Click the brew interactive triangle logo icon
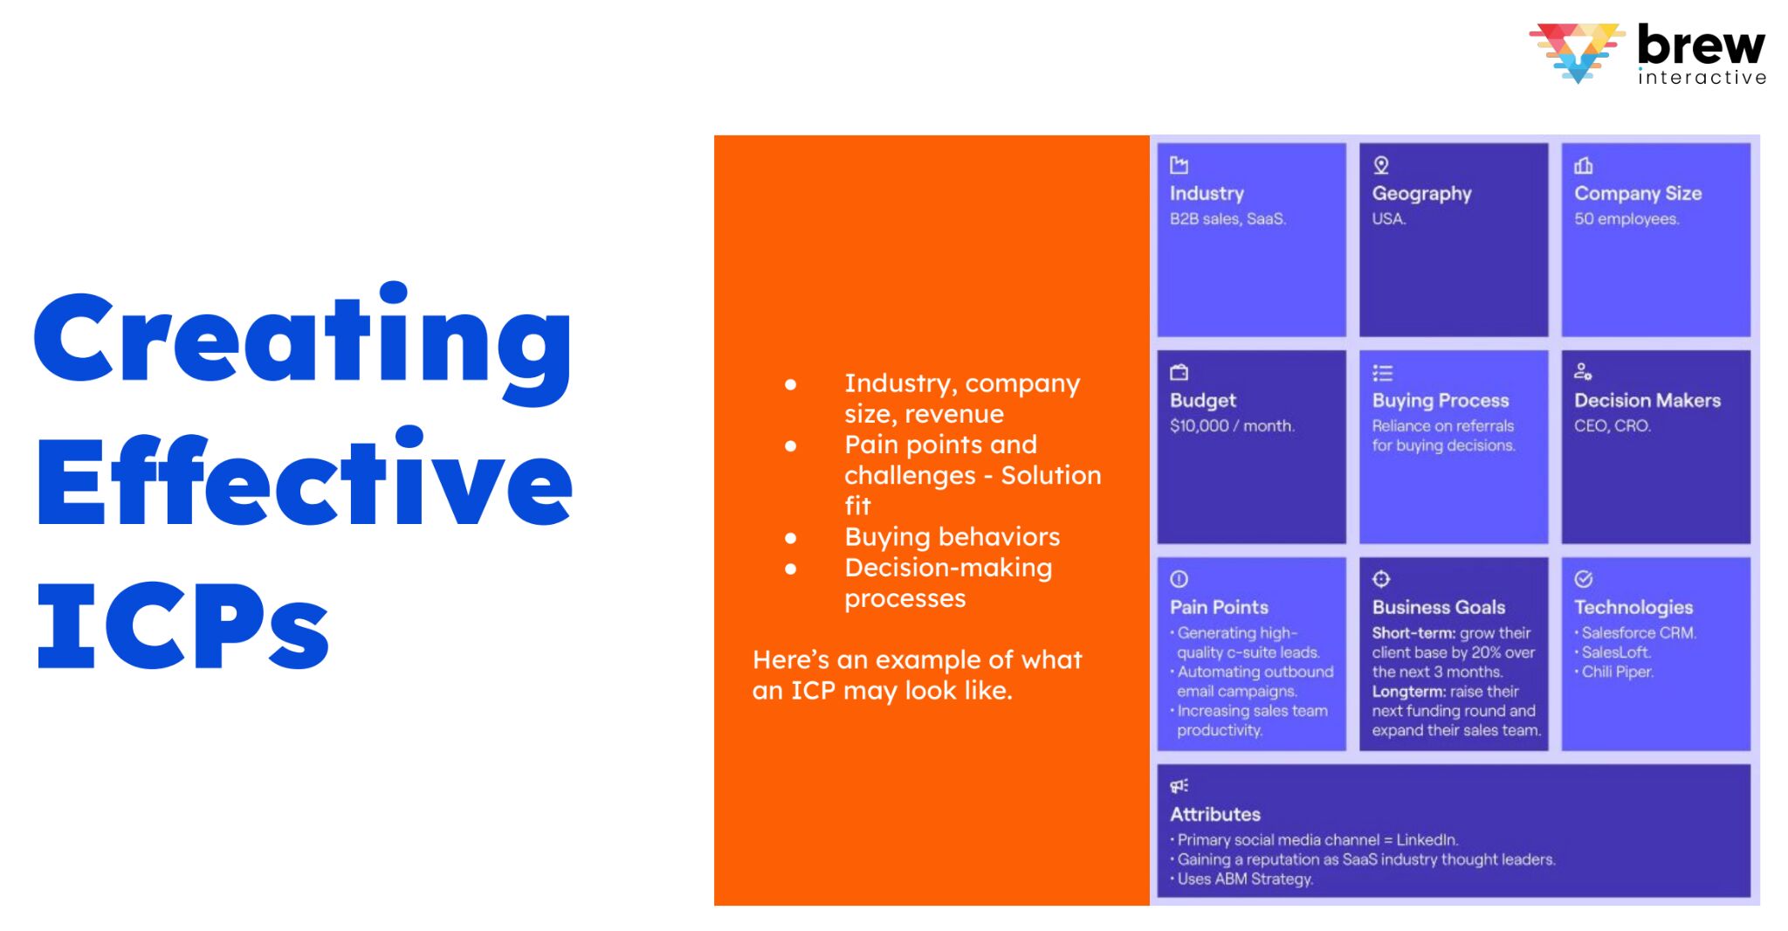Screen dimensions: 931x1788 (1577, 51)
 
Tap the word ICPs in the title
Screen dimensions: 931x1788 (182, 625)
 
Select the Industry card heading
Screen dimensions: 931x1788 (1207, 193)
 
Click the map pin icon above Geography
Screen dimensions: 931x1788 (1381, 165)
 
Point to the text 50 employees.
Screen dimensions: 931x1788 (1626, 219)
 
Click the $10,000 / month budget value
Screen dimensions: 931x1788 (1232, 426)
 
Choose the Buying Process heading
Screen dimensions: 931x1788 (1440, 400)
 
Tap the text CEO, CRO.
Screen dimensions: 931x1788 (1612, 426)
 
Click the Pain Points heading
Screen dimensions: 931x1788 (1219, 607)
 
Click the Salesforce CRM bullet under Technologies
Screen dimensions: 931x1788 (1638, 633)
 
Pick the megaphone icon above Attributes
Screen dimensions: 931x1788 (1179, 786)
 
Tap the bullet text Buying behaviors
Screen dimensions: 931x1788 (952, 536)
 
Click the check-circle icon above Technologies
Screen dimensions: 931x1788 (1584, 579)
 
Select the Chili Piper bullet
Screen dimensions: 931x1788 (1617, 672)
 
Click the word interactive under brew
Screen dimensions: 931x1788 (1702, 78)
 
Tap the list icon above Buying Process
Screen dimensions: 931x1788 (1382, 373)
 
